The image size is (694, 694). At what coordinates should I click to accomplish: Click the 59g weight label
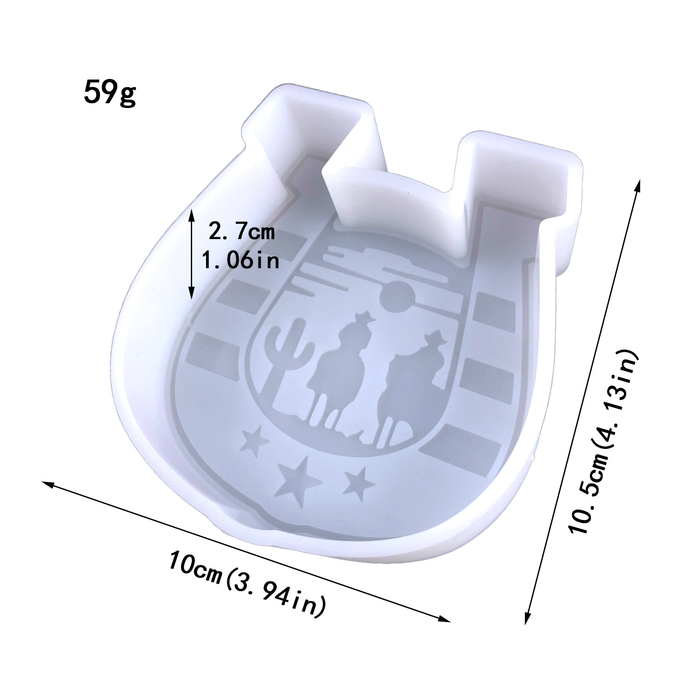[x=110, y=92]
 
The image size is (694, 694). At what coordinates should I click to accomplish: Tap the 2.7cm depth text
[x=242, y=232]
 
